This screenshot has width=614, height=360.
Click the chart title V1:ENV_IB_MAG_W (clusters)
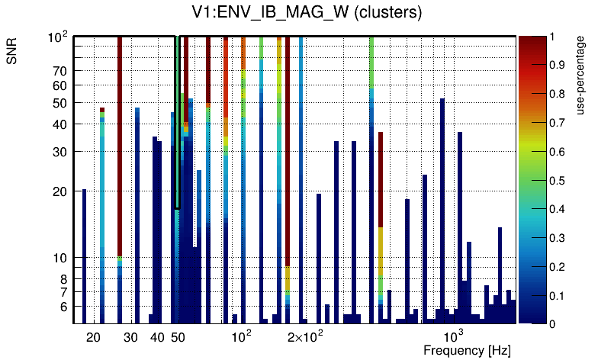[x=307, y=13]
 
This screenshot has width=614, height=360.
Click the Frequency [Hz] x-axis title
[x=466, y=350]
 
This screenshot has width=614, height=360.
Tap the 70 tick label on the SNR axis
[x=59, y=71]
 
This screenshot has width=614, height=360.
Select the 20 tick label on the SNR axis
[x=59, y=192]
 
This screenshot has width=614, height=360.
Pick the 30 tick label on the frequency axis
[x=130, y=337]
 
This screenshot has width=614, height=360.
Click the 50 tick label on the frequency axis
[x=178, y=337]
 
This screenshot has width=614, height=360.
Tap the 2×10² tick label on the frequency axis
[x=305, y=336]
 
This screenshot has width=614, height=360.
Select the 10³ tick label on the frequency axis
[x=454, y=336]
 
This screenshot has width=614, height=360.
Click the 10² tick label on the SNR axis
[x=58, y=37]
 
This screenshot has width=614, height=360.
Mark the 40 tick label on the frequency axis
[x=157, y=337]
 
